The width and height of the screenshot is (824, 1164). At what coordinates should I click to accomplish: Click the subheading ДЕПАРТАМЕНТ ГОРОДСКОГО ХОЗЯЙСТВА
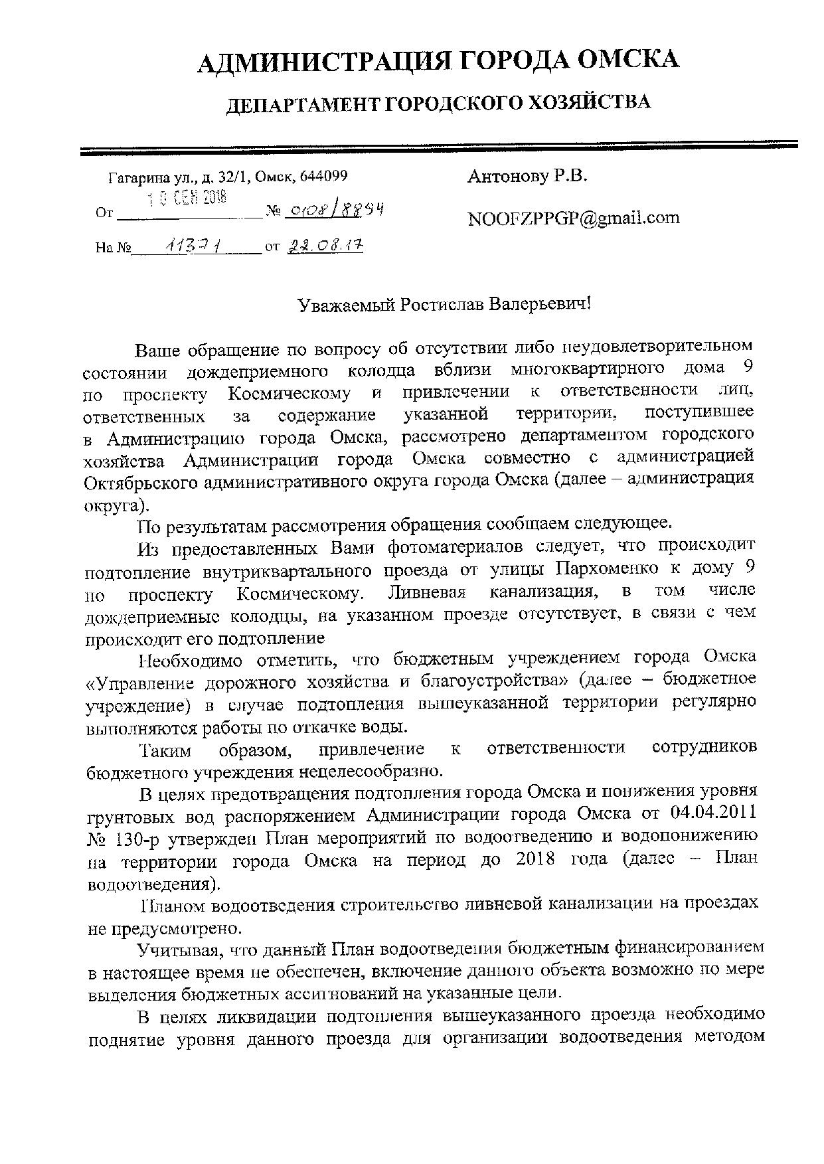[439, 104]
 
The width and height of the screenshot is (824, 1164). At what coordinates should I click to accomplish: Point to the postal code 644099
[323, 177]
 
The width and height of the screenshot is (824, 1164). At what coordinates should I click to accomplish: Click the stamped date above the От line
[187, 197]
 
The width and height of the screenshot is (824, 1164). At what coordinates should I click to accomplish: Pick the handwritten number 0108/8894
[335, 210]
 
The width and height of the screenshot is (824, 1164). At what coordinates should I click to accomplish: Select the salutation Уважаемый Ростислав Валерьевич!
[444, 305]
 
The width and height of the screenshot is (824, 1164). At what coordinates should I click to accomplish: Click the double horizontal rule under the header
[438, 148]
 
